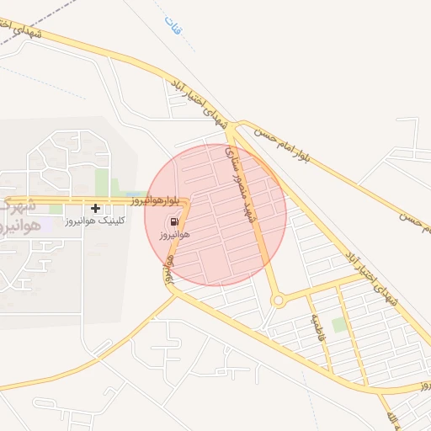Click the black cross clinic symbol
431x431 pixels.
[96, 207]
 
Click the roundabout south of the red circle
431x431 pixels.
[277, 301]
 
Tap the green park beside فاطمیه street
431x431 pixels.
[339, 324]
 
